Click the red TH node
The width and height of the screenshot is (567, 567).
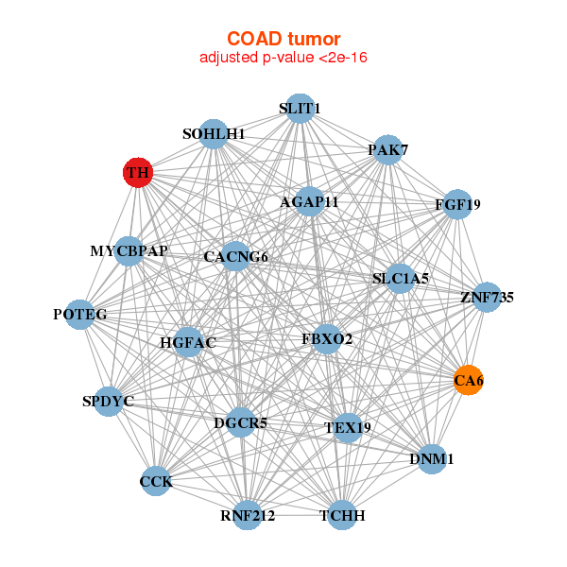tap(138, 173)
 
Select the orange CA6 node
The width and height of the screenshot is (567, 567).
tap(469, 380)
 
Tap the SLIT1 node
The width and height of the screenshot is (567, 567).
tap(299, 109)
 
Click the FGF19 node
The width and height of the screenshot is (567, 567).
tap(457, 204)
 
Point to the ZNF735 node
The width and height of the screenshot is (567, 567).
tap(487, 298)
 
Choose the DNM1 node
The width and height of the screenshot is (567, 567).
tap(432, 459)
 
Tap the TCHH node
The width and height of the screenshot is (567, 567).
tap(341, 515)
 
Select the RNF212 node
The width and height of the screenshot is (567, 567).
tap(247, 515)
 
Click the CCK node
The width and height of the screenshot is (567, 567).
tap(156, 482)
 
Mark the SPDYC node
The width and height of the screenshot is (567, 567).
tap(109, 402)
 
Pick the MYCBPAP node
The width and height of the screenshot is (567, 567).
tap(129, 251)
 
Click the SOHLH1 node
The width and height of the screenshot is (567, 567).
tap(214, 134)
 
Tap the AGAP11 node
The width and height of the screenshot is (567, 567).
tap(309, 201)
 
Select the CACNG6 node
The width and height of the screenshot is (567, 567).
tap(235, 256)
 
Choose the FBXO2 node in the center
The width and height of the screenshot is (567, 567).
tap(327, 338)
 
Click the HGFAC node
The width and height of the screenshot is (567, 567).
tap(188, 342)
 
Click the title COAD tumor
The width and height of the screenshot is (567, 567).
tap(283, 39)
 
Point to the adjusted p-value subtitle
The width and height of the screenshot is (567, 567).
tap(283, 58)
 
